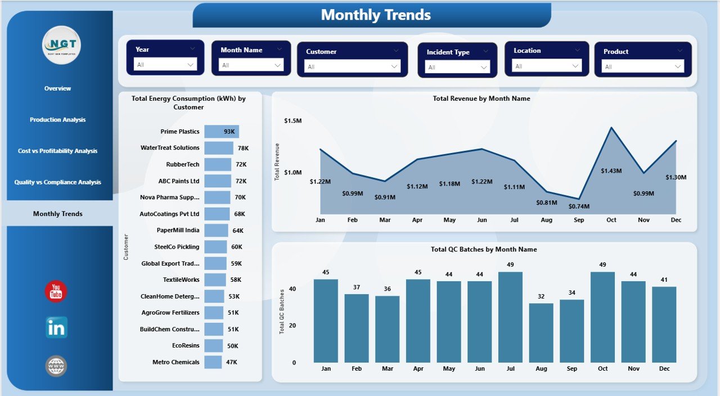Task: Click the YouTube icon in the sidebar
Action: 56,291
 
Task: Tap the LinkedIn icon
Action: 56,327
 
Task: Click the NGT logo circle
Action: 61,45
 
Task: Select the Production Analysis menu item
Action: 58,120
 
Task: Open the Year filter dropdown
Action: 165,65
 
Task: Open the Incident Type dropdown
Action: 457,67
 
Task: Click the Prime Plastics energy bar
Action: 221,132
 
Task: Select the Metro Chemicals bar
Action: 213,362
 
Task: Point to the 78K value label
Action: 243,148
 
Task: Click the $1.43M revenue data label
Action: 611,170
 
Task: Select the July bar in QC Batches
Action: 510,317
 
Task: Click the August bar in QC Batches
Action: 541,333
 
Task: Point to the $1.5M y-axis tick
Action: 292,121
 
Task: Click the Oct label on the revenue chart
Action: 611,220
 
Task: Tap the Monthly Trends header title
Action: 375,15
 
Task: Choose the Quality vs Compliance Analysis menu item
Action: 58,182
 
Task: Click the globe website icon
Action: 56,366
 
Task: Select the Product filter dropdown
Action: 642,66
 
